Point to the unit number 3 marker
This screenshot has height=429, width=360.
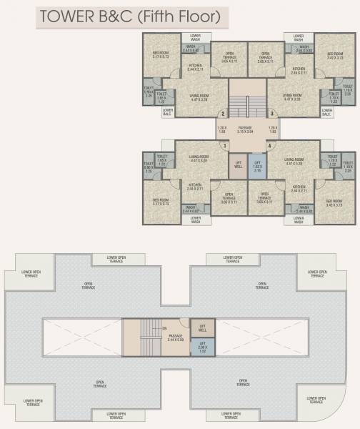[271, 114]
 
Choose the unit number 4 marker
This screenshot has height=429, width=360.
[269, 146]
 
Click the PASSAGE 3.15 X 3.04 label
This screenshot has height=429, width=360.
[246, 130]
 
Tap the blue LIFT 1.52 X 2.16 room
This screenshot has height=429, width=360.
[257, 167]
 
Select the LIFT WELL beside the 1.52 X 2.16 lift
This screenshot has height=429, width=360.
[238, 166]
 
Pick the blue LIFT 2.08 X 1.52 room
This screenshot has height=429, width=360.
[202, 348]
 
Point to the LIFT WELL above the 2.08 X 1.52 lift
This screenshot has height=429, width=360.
[202, 327]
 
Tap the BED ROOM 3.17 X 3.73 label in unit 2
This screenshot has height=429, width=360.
[161, 54]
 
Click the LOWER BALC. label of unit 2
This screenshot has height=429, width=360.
[167, 112]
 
